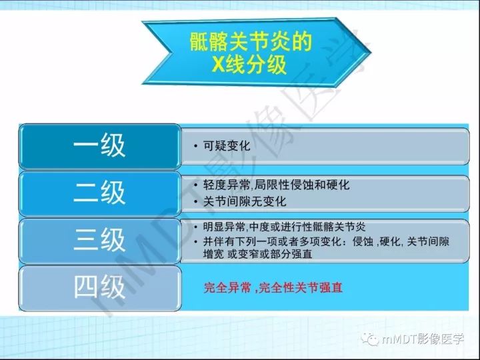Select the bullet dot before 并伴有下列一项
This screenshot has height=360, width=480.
(x=194, y=241)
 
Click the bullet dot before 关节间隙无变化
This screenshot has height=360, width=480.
(x=194, y=201)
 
